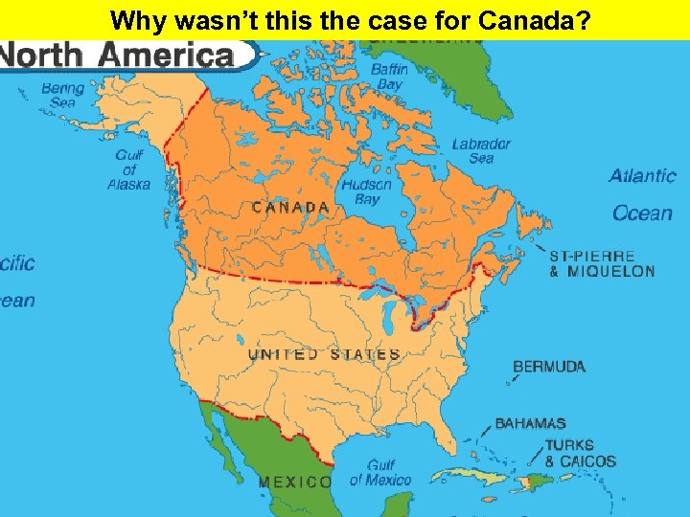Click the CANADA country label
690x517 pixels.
[290, 207]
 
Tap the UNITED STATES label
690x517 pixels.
[323, 354]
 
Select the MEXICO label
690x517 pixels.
[295, 482]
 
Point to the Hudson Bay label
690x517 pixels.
[367, 191]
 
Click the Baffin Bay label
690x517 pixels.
[390, 77]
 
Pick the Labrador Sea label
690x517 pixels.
[481, 151]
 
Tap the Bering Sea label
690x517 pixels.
[62, 96]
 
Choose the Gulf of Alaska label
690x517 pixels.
[129, 169]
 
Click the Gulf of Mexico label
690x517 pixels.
[380, 473]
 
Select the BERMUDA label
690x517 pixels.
[549, 366]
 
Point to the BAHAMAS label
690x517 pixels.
[530, 423]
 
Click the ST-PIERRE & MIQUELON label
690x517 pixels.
[602, 264]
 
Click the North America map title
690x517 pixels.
[120, 56]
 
